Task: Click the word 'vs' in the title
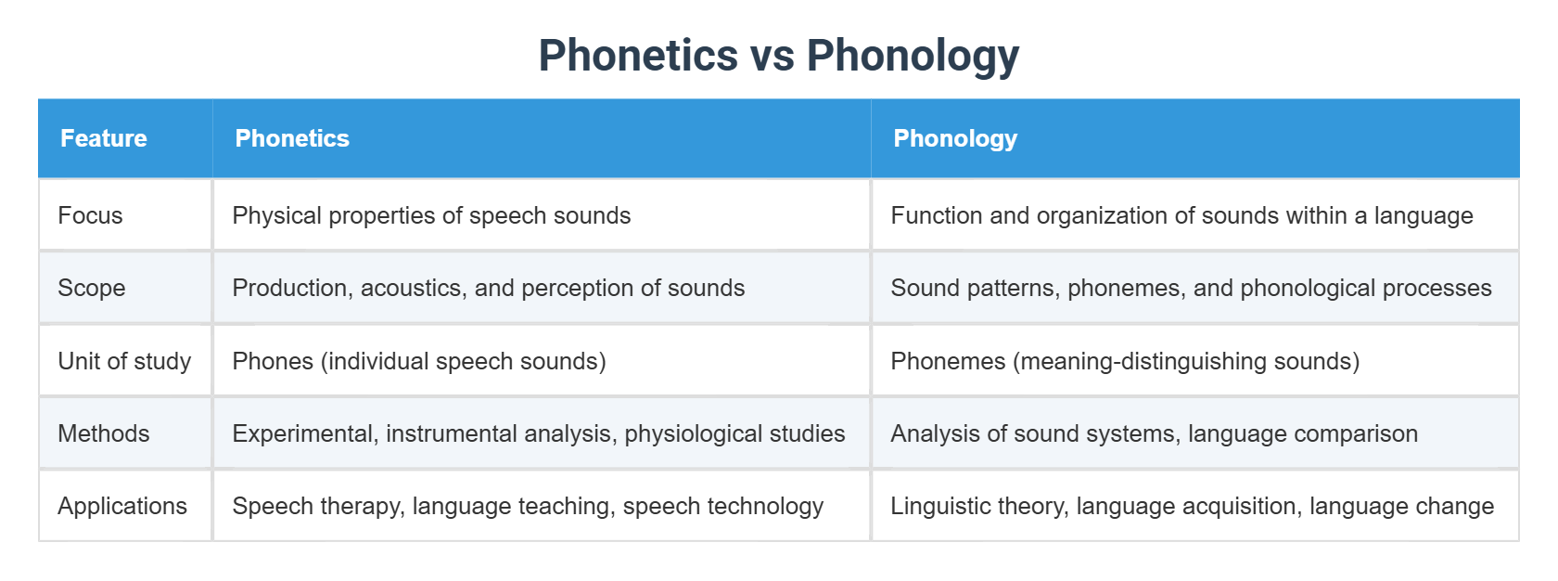[773, 56]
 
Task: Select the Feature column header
[104, 138]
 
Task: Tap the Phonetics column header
[292, 138]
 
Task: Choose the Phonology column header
[955, 138]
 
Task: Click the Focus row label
[90, 215]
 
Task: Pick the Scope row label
[91, 288]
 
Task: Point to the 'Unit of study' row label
[124, 361]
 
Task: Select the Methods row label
[103, 433]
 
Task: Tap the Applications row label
[122, 506]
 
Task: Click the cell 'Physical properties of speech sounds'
[431, 215]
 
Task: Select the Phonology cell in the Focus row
[1181, 215]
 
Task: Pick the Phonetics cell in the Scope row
[489, 288]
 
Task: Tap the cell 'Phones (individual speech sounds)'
[419, 361]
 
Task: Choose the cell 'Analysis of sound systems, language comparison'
[1154, 433]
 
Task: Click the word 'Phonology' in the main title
[913, 56]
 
